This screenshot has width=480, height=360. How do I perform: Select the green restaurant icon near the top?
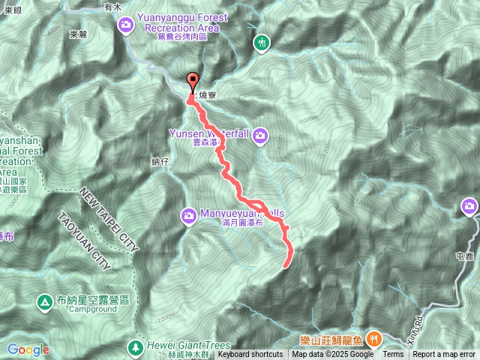[261, 43]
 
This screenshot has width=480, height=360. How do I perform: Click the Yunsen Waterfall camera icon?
[260, 135]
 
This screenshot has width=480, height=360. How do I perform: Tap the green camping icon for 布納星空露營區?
[45, 302]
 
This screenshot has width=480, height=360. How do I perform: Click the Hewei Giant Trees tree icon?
[136, 347]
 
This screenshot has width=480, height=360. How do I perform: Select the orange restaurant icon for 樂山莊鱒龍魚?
[373, 339]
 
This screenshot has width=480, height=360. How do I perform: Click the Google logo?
[28, 349]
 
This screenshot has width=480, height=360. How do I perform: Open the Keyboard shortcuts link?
[250, 355]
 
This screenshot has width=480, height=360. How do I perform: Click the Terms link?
[393, 355]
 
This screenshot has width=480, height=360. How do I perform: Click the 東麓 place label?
[78, 34]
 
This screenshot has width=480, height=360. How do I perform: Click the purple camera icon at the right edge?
[470, 205]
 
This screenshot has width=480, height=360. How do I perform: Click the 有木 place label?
[112, 6]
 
